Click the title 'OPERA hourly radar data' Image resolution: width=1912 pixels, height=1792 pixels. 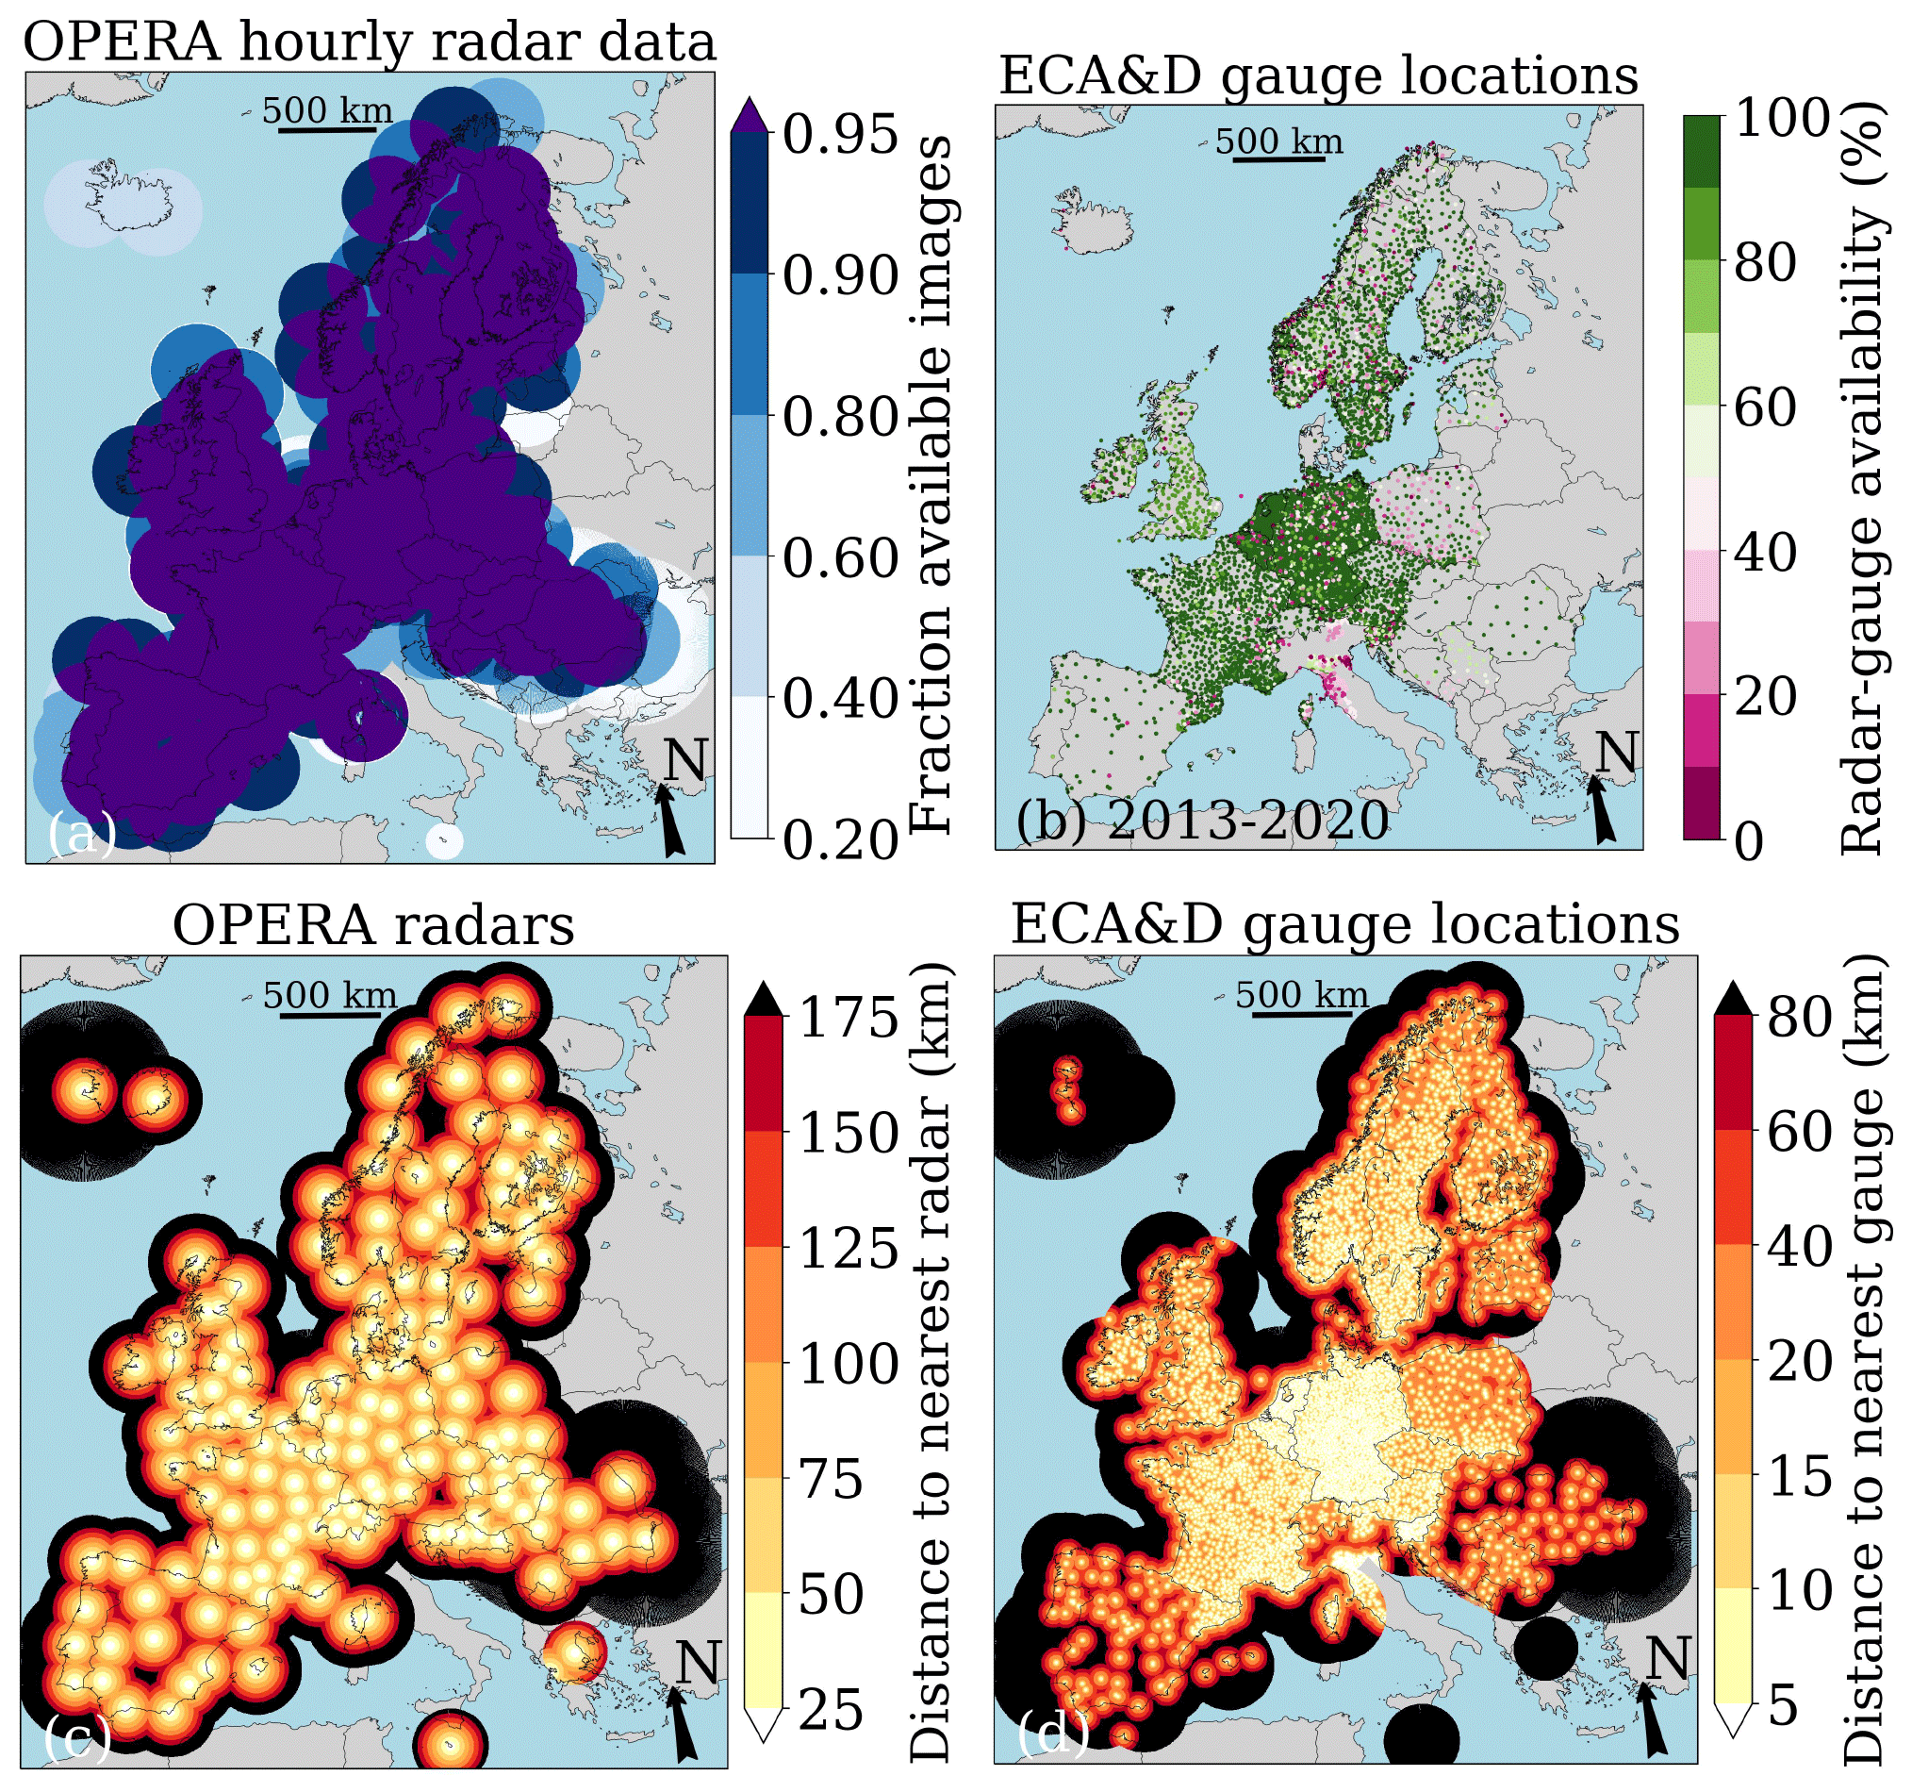[370, 42]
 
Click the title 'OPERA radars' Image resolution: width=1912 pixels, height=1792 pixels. [373, 925]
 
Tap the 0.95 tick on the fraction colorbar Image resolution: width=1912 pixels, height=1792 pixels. [840, 133]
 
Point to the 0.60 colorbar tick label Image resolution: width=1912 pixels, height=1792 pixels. [840, 558]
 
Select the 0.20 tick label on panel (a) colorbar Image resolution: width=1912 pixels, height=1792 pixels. [840, 839]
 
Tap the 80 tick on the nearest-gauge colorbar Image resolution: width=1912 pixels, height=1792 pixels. [1801, 1016]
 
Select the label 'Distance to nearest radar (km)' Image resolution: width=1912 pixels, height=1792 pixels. [929, 1360]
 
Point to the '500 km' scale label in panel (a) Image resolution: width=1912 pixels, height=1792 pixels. [327, 109]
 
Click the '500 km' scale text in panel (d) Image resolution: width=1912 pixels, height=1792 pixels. [1301, 994]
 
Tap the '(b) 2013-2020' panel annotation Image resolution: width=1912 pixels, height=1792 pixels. [1202, 821]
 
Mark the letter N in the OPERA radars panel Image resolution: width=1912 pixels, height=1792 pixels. [699, 1662]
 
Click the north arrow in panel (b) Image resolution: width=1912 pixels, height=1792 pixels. [1602, 810]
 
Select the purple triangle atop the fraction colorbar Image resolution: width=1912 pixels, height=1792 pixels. [750, 114]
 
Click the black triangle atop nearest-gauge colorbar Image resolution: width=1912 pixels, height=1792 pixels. [1732, 997]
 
